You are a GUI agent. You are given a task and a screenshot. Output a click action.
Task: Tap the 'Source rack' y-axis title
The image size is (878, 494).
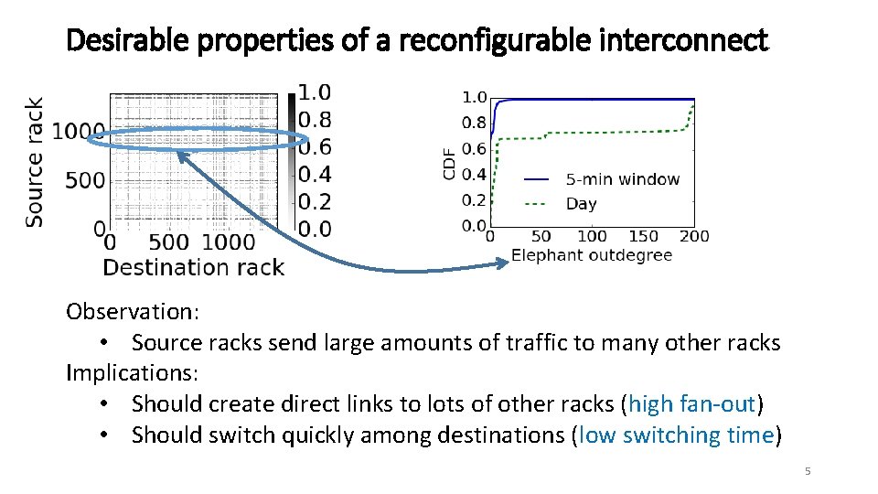coord(34,162)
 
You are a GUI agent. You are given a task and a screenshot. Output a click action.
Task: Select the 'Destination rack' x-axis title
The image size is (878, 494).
coord(193,267)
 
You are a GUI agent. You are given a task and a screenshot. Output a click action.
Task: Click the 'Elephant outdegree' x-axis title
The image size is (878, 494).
coord(592,255)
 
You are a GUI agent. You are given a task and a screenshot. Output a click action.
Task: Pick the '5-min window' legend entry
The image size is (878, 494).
coord(623,179)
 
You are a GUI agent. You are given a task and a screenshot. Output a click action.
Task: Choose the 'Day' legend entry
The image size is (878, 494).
coord(582,204)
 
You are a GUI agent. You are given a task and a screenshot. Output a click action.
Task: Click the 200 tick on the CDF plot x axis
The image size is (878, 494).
coord(695,237)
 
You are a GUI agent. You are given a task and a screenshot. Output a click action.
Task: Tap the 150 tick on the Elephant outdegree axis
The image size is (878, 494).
coord(644,237)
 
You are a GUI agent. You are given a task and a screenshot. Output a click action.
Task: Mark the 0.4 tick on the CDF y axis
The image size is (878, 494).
coord(474,174)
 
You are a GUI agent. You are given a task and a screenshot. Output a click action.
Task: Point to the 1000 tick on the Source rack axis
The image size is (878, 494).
coord(78,132)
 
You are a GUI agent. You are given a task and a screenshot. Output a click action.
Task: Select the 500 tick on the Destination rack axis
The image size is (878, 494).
coord(168,242)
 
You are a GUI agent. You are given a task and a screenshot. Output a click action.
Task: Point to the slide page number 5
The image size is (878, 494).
coord(808,471)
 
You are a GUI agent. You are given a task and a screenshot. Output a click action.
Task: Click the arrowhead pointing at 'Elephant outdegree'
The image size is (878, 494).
coord(502,263)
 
